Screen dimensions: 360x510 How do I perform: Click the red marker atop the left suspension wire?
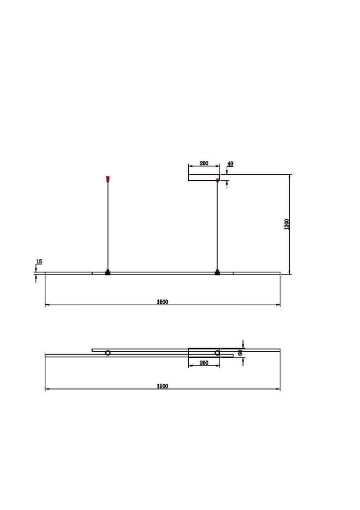(x=108, y=178)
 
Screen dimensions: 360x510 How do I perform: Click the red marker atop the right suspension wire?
(x=217, y=179)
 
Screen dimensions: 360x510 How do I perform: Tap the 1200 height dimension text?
(x=286, y=224)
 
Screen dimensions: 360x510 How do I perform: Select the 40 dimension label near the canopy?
(x=230, y=164)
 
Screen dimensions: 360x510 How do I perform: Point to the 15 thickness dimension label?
(x=39, y=261)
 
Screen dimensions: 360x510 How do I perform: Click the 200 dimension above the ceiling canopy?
(x=204, y=163)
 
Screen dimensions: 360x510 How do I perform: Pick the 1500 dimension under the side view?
(x=162, y=302)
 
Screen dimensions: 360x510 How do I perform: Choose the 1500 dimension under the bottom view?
(x=162, y=386)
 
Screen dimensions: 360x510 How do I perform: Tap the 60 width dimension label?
(x=240, y=353)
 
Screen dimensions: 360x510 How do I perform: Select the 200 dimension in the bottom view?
(x=204, y=363)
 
